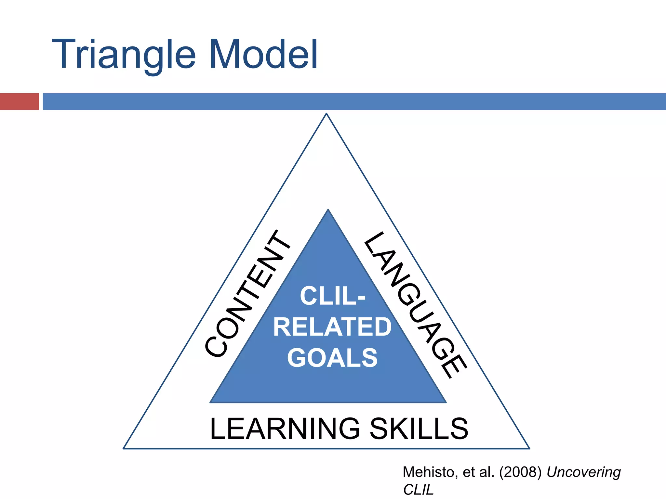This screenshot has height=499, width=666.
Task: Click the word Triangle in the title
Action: click(124, 55)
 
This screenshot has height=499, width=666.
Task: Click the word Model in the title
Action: click(263, 55)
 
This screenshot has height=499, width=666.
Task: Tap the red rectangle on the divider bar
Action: click(20, 101)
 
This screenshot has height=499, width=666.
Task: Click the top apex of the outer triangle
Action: click(326, 114)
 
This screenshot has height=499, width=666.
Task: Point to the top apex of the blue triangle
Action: click(328, 210)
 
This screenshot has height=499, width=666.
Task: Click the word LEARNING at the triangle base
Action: click(285, 429)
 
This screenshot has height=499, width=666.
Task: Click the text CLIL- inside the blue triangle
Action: click(333, 296)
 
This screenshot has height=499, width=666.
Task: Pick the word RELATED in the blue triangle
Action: click(332, 327)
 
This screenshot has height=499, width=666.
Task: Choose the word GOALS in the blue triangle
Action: click(332, 358)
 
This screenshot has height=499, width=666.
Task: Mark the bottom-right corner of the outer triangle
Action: click(529, 448)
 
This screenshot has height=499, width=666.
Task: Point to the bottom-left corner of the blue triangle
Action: click(211, 402)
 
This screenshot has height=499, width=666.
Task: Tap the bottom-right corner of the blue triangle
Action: click(446, 402)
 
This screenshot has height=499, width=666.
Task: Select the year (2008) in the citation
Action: click(520, 472)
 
